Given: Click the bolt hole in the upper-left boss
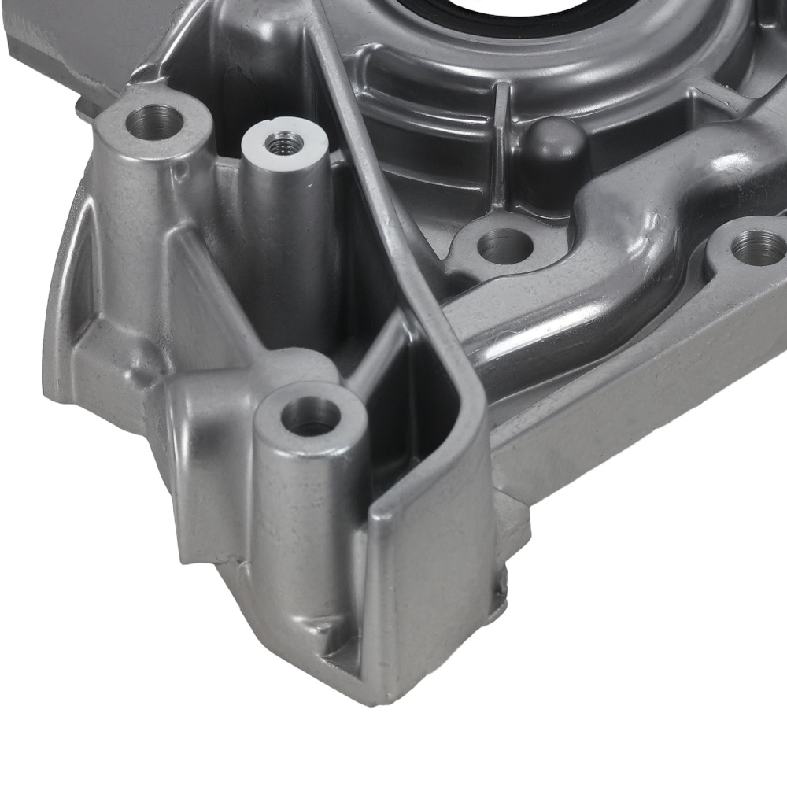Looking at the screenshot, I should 153,120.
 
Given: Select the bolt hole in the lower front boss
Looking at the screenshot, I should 311,416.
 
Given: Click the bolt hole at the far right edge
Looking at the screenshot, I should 758,248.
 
